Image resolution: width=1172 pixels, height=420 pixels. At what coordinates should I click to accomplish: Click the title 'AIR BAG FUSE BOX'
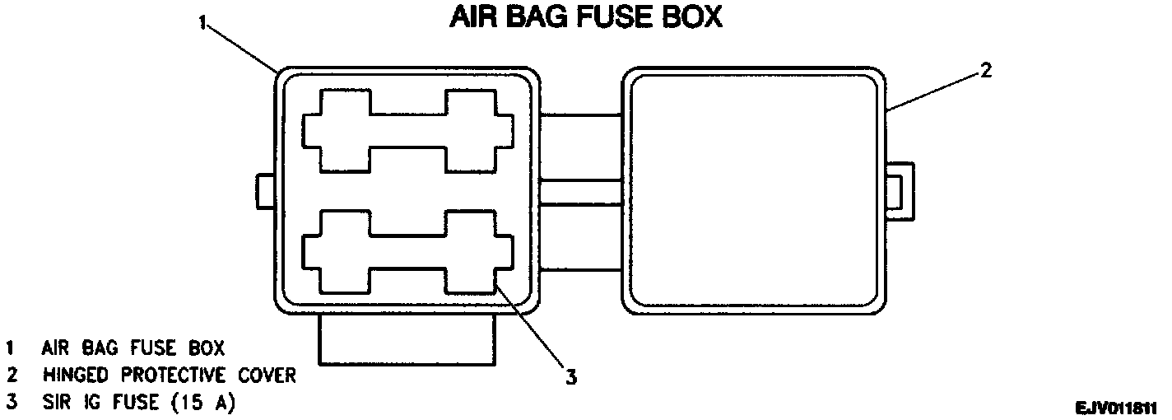tap(585, 18)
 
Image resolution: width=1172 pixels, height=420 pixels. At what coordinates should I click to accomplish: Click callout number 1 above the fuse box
tap(202, 22)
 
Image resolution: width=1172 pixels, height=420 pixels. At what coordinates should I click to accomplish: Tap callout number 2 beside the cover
tap(985, 69)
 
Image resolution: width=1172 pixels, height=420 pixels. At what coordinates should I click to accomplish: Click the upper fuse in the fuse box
tap(408, 132)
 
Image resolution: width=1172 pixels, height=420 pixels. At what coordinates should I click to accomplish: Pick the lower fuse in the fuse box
tap(408, 251)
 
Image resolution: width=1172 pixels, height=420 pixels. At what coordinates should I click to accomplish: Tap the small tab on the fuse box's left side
tap(265, 191)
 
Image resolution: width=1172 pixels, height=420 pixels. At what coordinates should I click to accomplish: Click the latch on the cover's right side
tap(900, 191)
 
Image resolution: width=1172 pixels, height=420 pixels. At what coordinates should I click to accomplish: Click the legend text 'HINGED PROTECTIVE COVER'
tap(170, 376)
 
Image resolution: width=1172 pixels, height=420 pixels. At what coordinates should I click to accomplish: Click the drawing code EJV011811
tap(1115, 408)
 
